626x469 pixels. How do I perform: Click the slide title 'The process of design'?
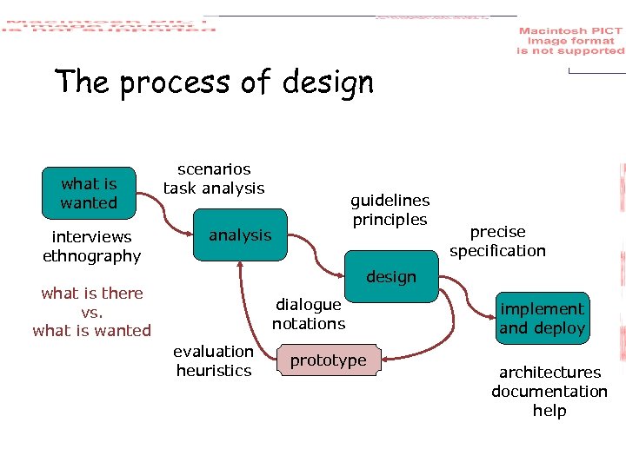214,83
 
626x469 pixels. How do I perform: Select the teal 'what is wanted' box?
89,193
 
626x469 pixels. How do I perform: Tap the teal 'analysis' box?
240,235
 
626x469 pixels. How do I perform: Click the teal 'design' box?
391,277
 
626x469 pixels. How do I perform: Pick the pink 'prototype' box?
328,360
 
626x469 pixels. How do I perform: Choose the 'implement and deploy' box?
542,319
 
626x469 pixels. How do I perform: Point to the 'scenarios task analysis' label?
214,179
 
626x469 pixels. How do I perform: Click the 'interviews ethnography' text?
91,247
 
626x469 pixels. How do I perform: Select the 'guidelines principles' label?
390,210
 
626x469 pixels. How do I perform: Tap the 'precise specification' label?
497,241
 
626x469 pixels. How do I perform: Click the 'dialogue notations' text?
309,314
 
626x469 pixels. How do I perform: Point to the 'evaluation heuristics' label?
213,361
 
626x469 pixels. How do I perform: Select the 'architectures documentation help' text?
549,392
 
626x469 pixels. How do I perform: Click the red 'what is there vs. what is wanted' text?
91,312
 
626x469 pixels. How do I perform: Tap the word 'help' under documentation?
549,411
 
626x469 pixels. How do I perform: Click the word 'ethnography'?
91,256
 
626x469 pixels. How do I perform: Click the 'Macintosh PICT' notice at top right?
570,41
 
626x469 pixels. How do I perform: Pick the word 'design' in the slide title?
328,83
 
